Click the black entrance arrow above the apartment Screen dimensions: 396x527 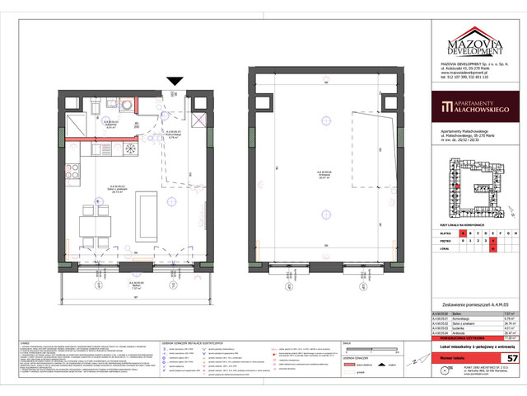175,80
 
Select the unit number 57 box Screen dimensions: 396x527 511,358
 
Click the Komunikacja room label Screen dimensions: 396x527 175,135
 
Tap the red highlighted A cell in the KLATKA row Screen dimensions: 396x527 463,233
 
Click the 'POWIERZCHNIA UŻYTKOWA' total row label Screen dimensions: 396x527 461,337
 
